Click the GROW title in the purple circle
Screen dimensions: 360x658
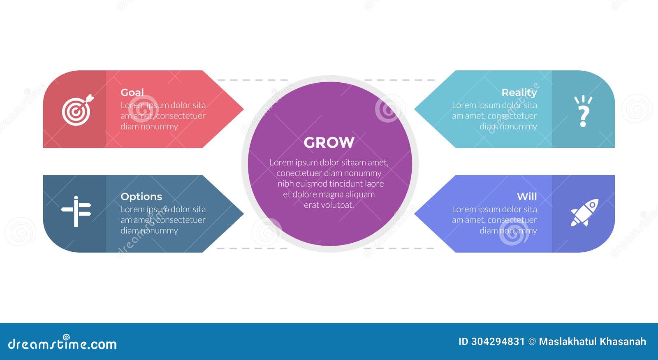point(329,143)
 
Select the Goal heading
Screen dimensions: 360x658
point(132,93)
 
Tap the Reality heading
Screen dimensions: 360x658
point(519,93)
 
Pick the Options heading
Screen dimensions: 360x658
point(141,197)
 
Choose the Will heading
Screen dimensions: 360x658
point(527,197)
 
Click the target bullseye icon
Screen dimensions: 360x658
point(77,110)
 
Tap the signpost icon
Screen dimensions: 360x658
point(76,211)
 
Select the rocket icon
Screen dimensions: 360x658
point(584,212)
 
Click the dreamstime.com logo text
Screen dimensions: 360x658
point(63,344)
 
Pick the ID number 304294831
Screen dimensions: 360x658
point(498,341)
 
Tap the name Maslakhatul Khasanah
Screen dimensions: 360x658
point(592,341)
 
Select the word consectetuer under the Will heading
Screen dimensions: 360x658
point(512,220)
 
